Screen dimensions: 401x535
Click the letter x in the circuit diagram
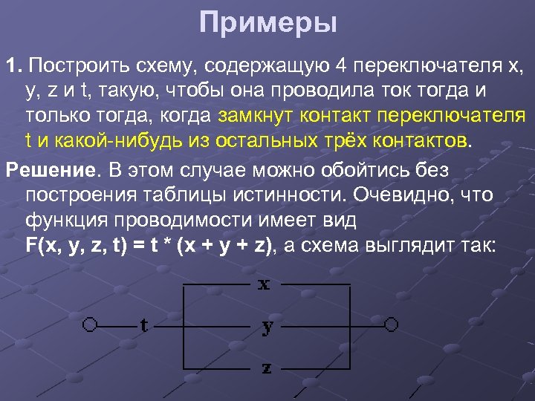point(264,285)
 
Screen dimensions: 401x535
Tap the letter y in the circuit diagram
point(267,327)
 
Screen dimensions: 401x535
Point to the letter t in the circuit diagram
point(144,325)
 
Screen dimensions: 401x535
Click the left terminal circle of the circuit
point(91,325)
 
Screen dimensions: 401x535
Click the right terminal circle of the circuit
point(391,325)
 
